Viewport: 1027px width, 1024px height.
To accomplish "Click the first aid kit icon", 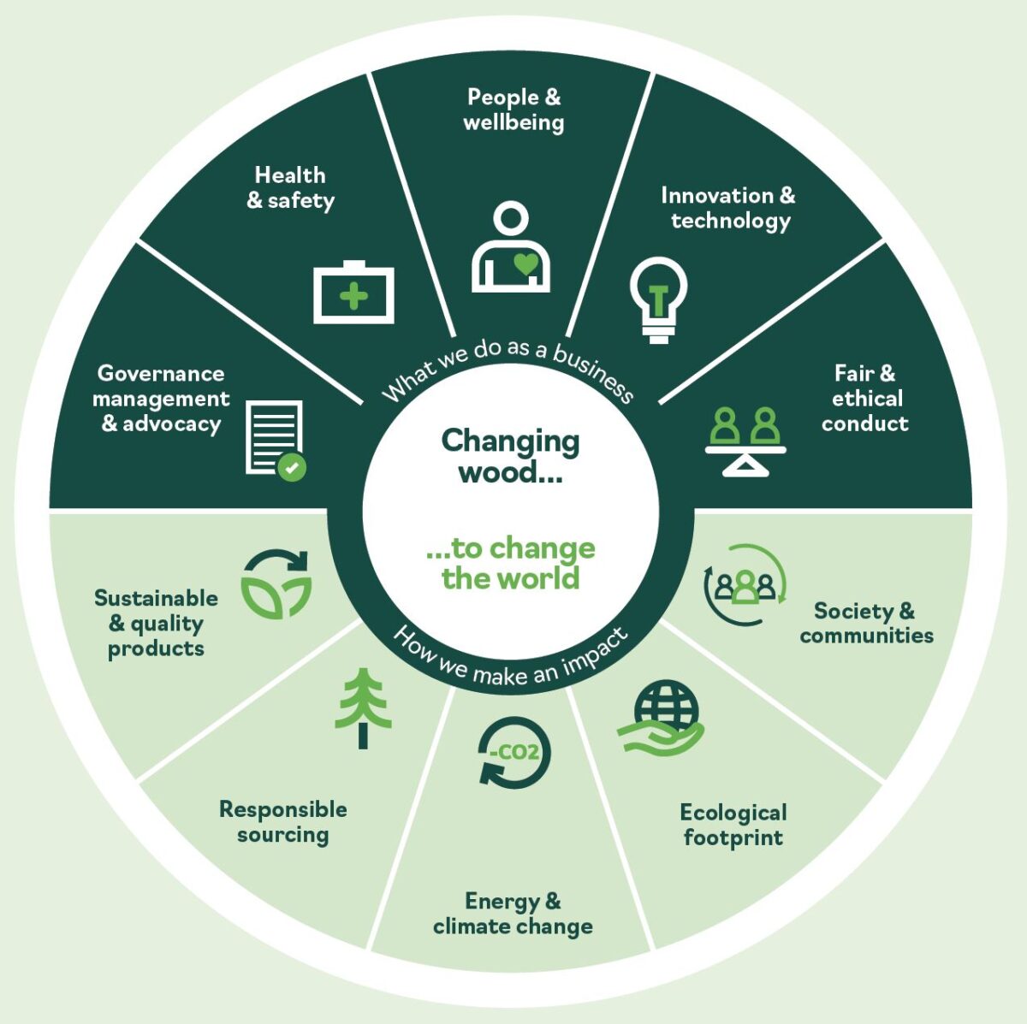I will tap(353, 293).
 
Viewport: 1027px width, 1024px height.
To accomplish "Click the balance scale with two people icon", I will tap(745, 440).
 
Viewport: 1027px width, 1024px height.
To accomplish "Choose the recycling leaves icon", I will tap(276, 583).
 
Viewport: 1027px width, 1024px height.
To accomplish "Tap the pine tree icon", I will tap(364, 708).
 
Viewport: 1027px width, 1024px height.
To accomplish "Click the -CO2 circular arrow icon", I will tap(513, 752).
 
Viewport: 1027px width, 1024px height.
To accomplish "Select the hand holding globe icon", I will tap(661, 718).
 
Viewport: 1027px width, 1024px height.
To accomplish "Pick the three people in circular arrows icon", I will tap(745, 583).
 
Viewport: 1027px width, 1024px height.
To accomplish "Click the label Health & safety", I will tap(290, 188).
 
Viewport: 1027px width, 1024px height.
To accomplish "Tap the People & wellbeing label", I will tap(513, 110).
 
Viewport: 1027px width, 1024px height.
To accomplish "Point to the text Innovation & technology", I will tap(728, 208).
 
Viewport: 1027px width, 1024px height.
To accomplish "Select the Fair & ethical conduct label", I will tap(865, 398).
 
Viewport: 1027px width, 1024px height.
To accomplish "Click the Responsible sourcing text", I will tap(283, 821).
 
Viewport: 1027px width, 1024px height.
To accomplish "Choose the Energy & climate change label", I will tap(513, 913).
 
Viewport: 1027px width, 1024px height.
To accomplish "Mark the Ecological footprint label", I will tap(733, 824).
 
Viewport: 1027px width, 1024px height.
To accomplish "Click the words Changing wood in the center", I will tap(510, 456).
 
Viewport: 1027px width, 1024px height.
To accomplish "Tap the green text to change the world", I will tap(510, 563).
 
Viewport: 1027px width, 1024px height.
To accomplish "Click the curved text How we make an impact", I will tap(511, 660).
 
